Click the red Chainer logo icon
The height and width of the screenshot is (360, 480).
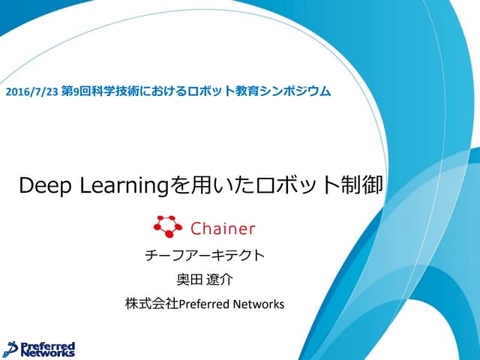point(167,226)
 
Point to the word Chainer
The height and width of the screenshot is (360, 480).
point(223,227)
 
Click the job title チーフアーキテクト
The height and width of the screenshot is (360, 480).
point(205,255)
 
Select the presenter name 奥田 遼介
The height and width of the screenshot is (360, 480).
point(205,280)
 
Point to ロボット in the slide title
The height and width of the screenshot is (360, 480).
point(300,185)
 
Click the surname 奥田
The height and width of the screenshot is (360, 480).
point(187,280)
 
